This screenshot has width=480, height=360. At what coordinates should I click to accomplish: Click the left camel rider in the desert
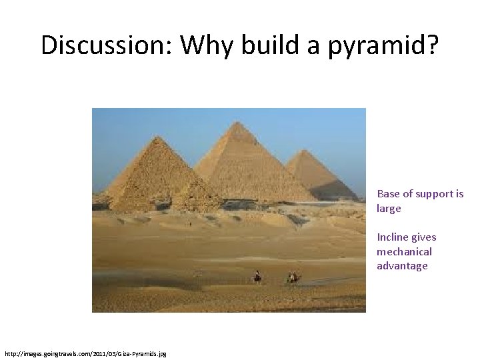tap(257, 276)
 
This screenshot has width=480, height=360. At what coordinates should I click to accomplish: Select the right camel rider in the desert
tap(292, 276)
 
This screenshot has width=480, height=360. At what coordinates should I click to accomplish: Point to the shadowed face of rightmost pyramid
tap(333, 180)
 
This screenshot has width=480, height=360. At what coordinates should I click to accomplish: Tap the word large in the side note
tap(389, 209)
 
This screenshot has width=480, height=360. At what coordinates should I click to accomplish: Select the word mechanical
tap(404, 252)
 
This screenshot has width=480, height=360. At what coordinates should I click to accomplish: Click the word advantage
tap(402, 266)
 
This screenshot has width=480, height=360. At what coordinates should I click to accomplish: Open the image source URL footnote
tap(85, 353)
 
